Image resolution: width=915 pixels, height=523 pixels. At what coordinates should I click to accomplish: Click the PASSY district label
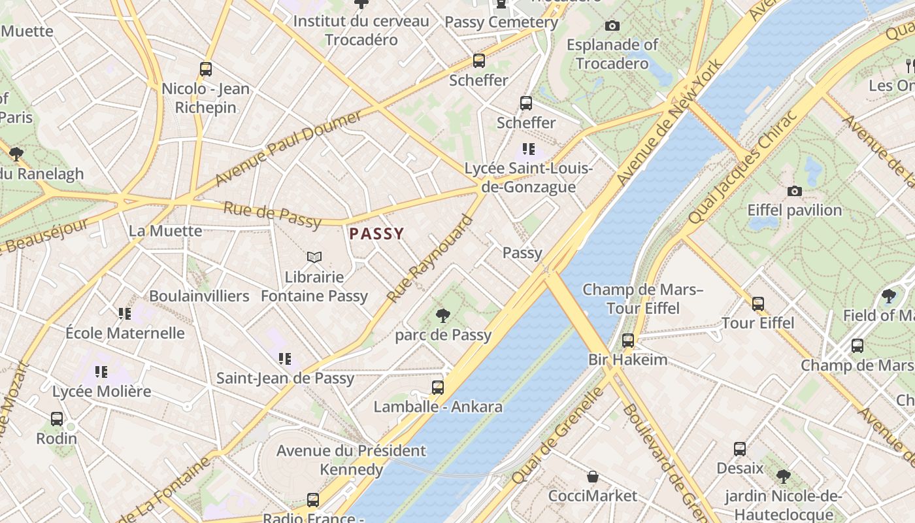(376, 233)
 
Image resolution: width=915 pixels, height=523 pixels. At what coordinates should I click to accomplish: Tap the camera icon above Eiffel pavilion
(795, 192)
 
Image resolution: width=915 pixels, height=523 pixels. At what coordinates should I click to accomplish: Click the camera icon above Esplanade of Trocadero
(612, 26)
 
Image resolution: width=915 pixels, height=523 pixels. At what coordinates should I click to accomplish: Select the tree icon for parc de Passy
(443, 316)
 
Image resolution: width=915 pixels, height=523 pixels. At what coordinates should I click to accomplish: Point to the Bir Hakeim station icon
(627, 341)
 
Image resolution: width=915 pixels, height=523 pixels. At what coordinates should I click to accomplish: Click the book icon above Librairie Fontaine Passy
(314, 258)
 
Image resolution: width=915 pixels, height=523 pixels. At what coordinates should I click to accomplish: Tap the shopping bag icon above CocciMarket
(592, 477)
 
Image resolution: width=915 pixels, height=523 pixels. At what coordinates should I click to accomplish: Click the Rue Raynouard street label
(429, 259)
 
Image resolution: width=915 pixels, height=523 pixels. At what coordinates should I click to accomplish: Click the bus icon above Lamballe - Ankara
(438, 388)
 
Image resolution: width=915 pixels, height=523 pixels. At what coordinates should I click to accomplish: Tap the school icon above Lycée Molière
(101, 372)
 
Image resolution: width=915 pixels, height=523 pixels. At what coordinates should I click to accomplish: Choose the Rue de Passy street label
(273, 216)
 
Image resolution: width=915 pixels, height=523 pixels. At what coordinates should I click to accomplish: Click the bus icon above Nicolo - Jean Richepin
(206, 69)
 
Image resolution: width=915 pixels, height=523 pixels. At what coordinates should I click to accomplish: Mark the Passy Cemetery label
(501, 22)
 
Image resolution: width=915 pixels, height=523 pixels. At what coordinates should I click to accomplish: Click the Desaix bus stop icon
(740, 449)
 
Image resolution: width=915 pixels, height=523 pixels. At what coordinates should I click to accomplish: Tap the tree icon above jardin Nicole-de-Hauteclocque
(783, 477)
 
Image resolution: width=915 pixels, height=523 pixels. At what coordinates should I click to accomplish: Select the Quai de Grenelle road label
(559, 435)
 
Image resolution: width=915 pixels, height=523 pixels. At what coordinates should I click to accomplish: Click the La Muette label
(165, 231)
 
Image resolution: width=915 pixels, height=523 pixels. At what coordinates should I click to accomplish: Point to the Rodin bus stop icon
(57, 419)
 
